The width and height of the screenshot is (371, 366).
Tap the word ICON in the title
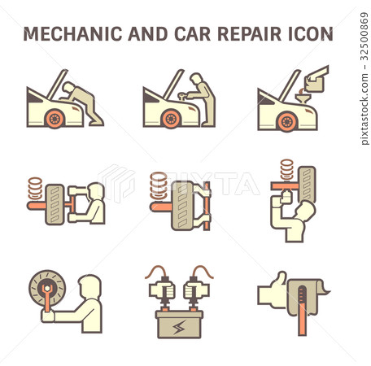310,33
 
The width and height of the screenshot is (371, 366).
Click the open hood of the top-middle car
165,81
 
